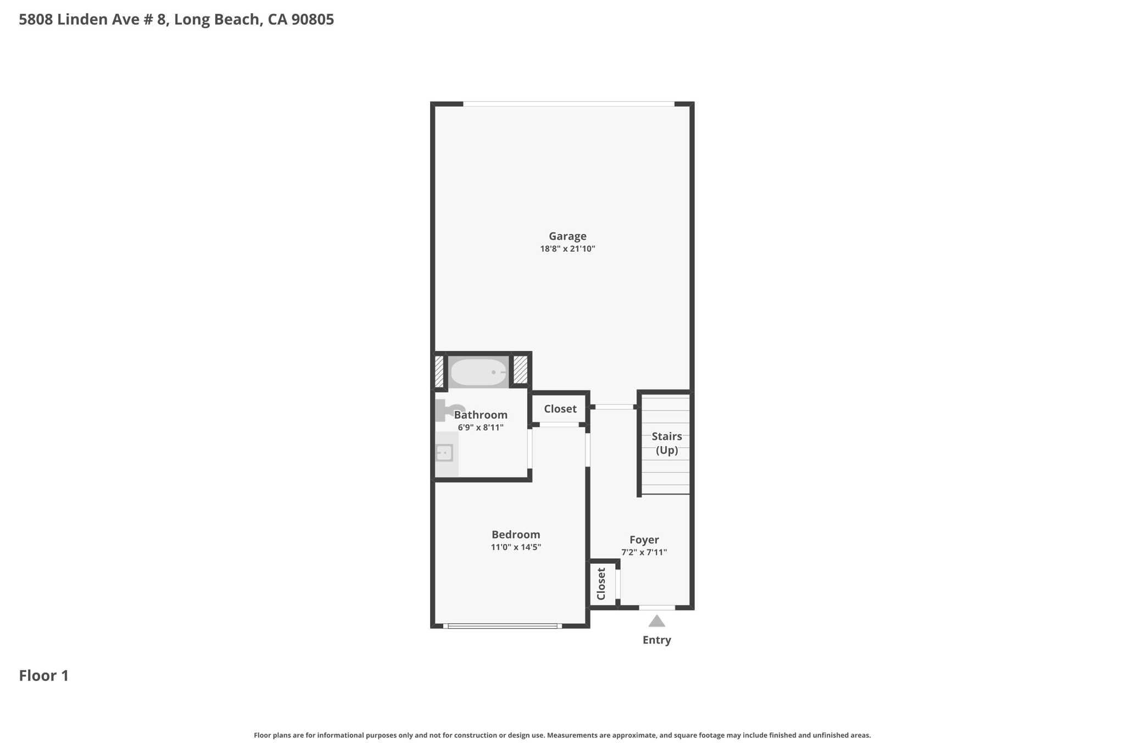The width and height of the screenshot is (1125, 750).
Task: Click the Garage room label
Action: pyautogui.click(x=567, y=236)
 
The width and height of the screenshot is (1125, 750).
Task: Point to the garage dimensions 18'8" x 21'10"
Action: pyautogui.click(x=567, y=249)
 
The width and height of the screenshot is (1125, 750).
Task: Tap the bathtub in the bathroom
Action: pyautogui.click(x=478, y=372)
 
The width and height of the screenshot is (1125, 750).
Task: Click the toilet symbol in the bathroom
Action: pyautogui.click(x=449, y=410)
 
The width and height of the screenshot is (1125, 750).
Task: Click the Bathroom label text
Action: pyautogui.click(x=481, y=415)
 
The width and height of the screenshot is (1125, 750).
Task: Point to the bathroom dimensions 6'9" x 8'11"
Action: pyautogui.click(x=481, y=427)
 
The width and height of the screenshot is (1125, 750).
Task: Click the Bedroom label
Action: pyautogui.click(x=516, y=535)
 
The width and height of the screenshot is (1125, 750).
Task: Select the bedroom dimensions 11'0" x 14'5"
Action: pyautogui.click(x=516, y=547)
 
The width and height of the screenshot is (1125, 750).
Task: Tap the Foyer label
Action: pyautogui.click(x=644, y=540)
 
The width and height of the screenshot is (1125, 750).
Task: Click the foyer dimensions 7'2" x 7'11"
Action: pyautogui.click(x=644, y=553)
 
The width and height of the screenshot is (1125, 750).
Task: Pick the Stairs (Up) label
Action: pyautogui.click(x=667, y=443)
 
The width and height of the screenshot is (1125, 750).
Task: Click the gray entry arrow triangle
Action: pyautogui.click(x=657, y=621)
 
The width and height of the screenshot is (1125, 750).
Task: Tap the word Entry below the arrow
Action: pyautogui.click(x=657, y=640)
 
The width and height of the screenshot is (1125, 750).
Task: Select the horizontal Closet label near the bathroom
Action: pyautogui.click(x=560, y=409)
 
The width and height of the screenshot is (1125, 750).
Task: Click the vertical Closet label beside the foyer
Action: pyautogui.click(x=601, y=584)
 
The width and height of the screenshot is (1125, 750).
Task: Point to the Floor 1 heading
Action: pyautogui.click(x=44, y=676)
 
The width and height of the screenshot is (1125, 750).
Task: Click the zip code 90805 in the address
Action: pyautogui.click(x=313, y=20)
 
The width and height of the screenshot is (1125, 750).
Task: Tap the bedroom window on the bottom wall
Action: pyautogui.click(x=503, y=626)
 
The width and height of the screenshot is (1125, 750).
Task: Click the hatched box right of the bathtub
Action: pyautogui.click(x=520, y=370)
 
